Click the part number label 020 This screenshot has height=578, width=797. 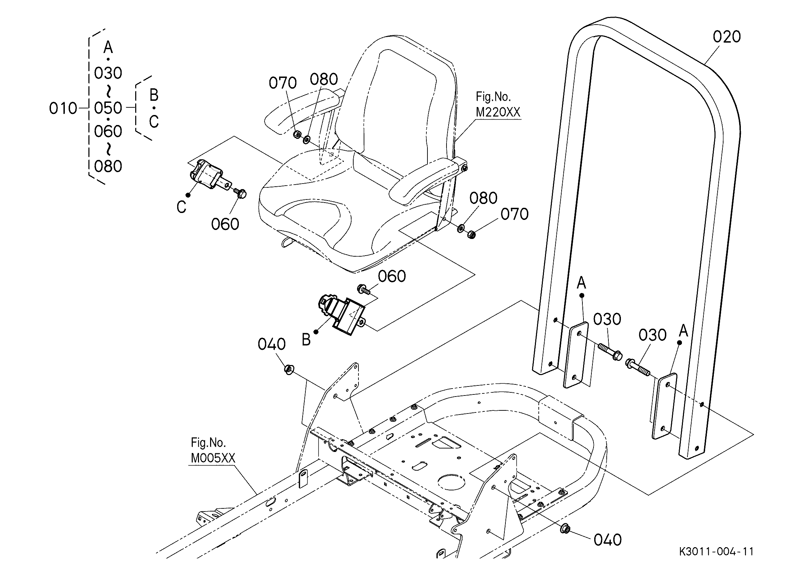point(727,37)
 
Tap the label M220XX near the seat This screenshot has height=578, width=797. point(497,112)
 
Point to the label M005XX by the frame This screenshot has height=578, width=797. point(213,458)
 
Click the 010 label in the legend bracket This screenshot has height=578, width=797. point(63,108)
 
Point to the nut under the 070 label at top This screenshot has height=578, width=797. point(297,134)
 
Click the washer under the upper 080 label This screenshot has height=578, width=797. point(306,140)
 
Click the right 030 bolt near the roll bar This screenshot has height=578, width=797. point(638,367)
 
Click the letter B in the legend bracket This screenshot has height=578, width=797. point(154,95)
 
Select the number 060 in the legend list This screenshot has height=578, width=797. point(108,131)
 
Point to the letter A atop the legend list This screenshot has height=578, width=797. point(108,47)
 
